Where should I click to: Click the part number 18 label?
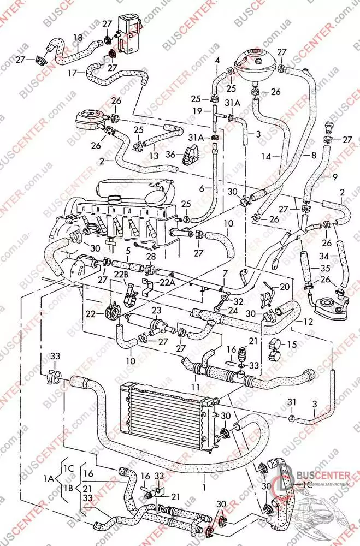click(x=78, y=38)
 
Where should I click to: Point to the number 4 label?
click(x=217, y=59)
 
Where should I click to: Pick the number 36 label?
click(x=171, y=155)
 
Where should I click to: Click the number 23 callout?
click(x=157, y=311)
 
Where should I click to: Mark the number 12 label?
click(x=309, y=322)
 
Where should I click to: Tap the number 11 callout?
click(x=194, y=386)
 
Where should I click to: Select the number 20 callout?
click(x=285, y=287)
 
